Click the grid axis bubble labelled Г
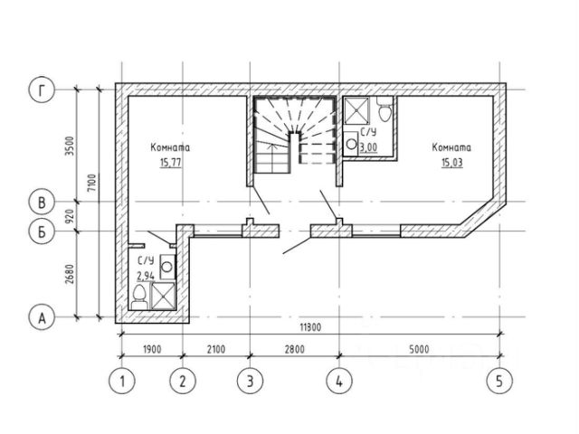click(x=42, y=90)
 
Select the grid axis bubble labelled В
click(x=42, y=202)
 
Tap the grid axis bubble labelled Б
click(x=42, y=231)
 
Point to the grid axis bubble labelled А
click(x=42, y=317)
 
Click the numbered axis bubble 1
click(x=122, y=381)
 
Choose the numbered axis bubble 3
click(x=250, y=381)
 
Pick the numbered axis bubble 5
click(x=499, y=381)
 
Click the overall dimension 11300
click(x=310, y=327)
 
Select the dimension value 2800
click(x=295, y=349)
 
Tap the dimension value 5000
click(x=419, y=349)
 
